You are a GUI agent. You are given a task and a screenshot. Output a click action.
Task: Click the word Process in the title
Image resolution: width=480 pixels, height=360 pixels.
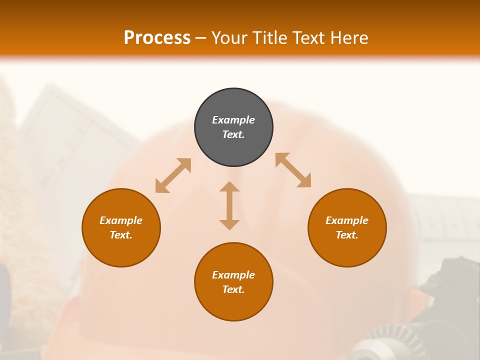point(157,38)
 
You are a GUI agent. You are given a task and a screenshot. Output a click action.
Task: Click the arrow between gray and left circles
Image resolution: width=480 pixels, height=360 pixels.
point(173,175)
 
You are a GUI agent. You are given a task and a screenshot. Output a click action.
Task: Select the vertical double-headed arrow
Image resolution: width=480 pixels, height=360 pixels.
point(229,205)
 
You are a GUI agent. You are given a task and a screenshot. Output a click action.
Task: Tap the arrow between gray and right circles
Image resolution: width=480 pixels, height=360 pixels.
point(293,170)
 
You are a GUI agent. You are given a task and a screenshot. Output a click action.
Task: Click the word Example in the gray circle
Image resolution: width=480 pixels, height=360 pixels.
point(233,120)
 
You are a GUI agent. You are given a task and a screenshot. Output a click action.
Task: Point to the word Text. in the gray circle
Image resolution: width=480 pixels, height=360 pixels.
point(233,134)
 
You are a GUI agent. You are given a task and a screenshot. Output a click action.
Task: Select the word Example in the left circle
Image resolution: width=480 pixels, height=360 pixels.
point(121,220)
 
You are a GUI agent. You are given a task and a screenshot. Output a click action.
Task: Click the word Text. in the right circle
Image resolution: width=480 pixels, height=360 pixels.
point(347,235)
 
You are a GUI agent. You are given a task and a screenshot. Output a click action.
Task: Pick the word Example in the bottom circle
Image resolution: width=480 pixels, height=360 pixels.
point(233,275)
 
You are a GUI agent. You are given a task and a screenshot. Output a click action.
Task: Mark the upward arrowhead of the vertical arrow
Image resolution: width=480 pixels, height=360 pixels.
point(229,187)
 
